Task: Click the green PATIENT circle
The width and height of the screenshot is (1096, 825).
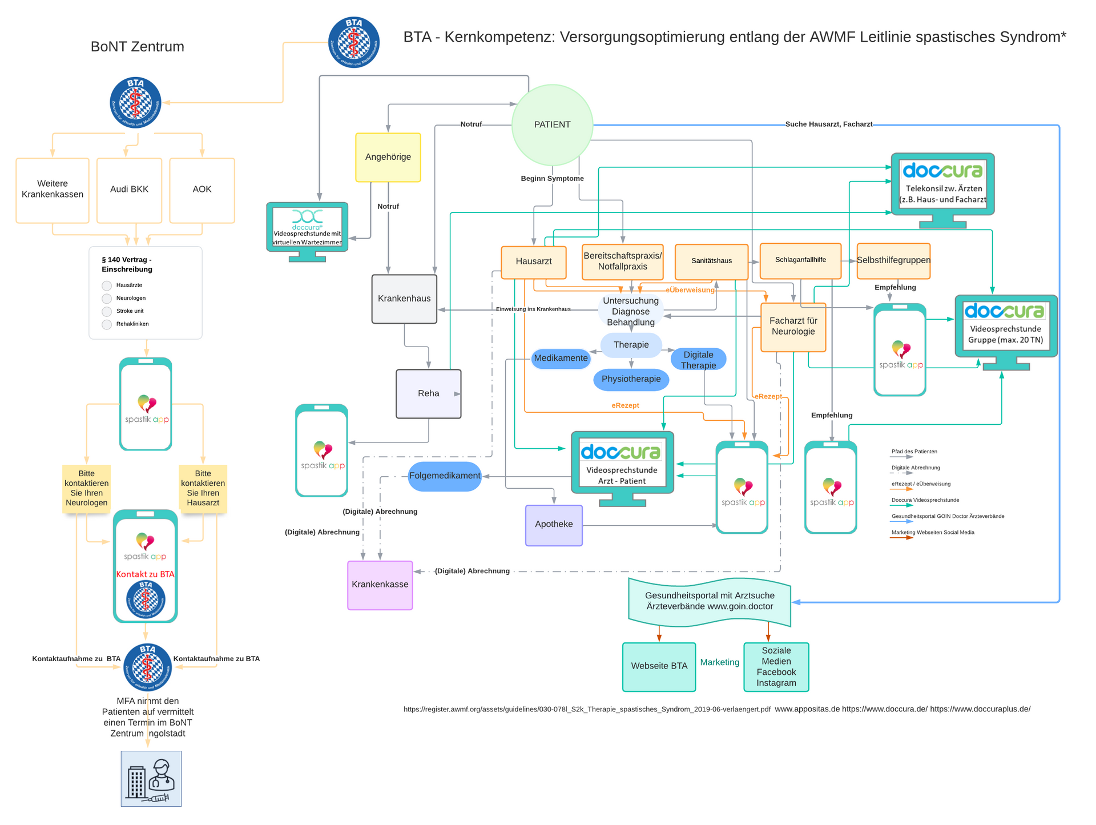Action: pyautogui.click(x=552, y=125)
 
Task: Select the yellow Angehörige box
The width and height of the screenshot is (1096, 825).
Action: pyautogui.click(x=388, y=157)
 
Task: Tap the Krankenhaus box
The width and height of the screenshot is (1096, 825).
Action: pyautogui.click(x=404, y=299)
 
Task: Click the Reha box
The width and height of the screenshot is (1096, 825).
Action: pyautogui.click(x=428, y=393)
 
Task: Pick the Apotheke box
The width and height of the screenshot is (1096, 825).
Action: pyautogui.click(x=554, y=525)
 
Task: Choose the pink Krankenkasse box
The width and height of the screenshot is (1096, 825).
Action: pyautogui.click(x=380, y=585)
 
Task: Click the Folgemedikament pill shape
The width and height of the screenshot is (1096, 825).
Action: pyautogui.click(x=445, y=476)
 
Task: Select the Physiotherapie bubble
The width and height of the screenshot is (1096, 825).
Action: pyautogui.click(x=631, y=380)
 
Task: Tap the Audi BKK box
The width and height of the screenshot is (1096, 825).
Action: pyautogui.click(x=129, y=190)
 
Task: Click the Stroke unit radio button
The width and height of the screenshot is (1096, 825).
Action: pyautogui.click(x=107, y=311)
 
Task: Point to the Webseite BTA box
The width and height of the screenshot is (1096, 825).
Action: pyautogui.click(x=659, y=666)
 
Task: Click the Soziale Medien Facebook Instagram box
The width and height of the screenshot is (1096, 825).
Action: pyautogui.click(x=776, y=667)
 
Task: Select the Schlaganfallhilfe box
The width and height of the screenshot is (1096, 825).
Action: pyautogui.click(x=800, y=260)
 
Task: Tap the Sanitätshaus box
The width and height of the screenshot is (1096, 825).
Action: pyautogui.click(x=711, y=261)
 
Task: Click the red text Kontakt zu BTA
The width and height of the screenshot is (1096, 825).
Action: pyautogui.click(x=145, y=574)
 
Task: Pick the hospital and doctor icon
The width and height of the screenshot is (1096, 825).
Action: pyautogui.click(x=151, y=778)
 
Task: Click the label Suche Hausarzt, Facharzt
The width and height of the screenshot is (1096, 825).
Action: pyautogui.click(x=828, y=124)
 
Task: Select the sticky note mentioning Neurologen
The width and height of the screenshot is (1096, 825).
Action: pyautogui.click(x=87, y=488)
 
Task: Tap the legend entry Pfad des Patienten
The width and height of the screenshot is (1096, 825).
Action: pyautogui.click(x=914, y=452)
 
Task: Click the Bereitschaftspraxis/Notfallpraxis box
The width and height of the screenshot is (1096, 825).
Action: pyautogui.click(x=623, y=261)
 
